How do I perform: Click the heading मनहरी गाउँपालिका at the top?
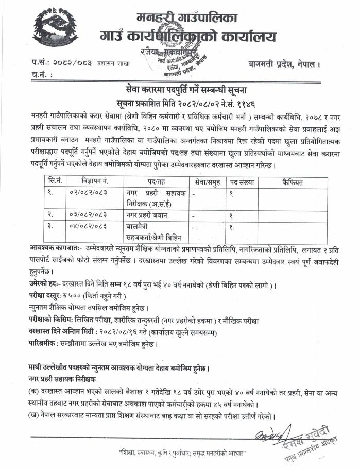(x=187, y=18)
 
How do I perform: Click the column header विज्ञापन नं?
(x=95, y=182)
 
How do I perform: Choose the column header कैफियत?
(x=293, y=182)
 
